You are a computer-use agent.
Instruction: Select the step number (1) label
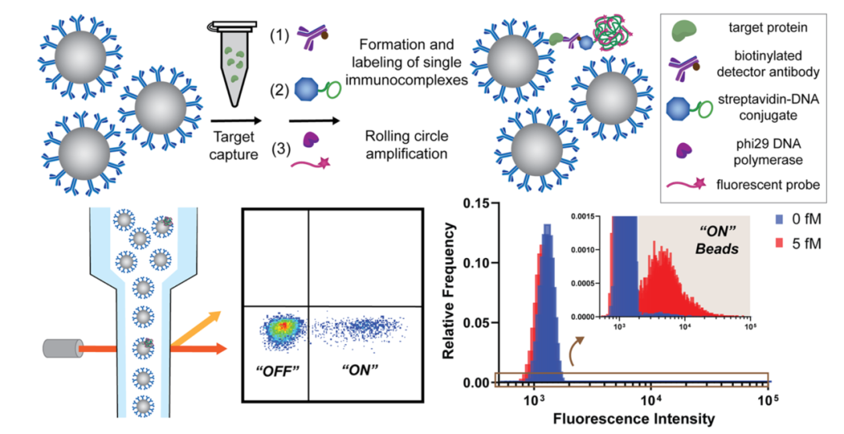280,35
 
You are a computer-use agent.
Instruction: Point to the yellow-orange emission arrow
196,327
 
